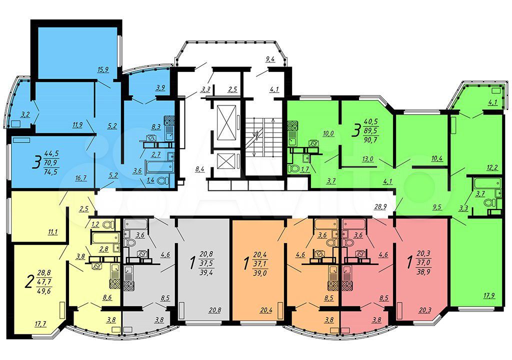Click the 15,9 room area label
[x=103, y=69]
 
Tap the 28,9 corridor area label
[x=380, y=207]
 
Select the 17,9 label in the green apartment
[x=489, y=296]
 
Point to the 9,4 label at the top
[x=270, y=59]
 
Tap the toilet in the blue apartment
[x=163, y=180]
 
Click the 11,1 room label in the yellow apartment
[x=52, y=232]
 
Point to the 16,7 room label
[x=80, y=178]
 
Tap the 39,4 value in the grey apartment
[x=206, y=272]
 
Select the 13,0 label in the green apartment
[x=368, y=159]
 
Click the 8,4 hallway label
[x=200, y=169]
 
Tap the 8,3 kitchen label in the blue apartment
[x=156, y=127]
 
